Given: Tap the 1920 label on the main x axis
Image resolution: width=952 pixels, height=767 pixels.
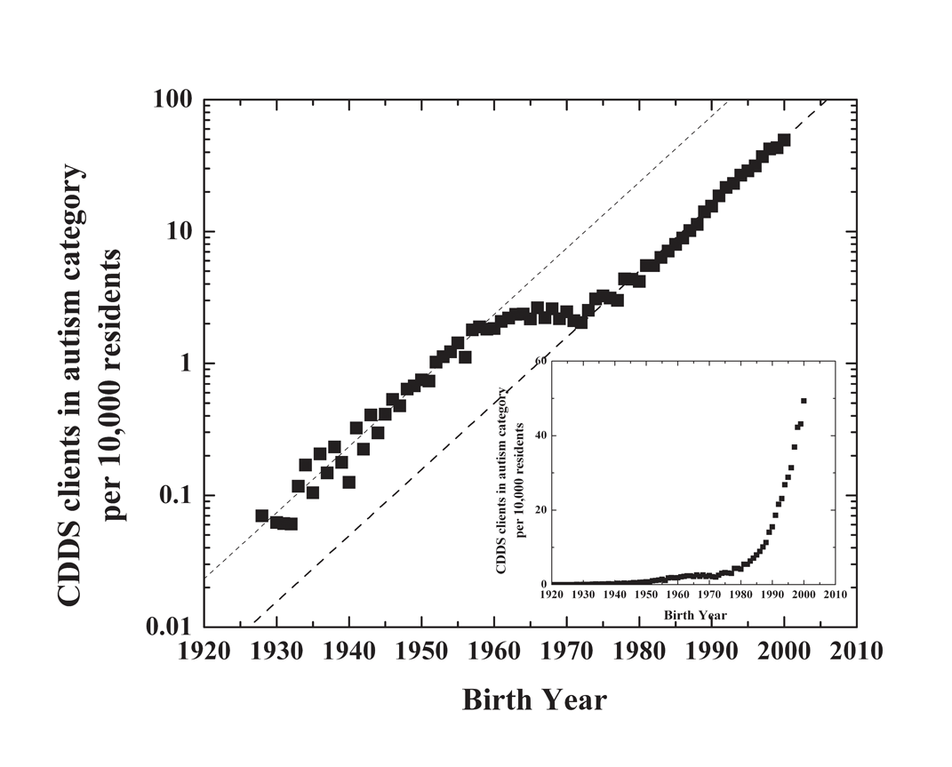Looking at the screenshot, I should pos(204,651).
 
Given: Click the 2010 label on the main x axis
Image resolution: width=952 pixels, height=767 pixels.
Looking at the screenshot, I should pos(855,651).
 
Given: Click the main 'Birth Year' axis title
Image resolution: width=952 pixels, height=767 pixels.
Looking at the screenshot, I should pos(534,699).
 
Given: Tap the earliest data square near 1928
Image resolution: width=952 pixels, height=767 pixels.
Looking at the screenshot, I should pos(261,515).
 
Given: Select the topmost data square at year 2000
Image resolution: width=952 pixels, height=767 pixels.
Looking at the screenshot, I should pos(784,140).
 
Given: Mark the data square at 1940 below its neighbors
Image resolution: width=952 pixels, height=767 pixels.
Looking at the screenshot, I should pos(348,483).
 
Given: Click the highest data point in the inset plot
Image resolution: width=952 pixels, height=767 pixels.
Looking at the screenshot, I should pos(804,400).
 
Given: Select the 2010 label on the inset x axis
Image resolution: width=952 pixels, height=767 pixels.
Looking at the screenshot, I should pos(835,595).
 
